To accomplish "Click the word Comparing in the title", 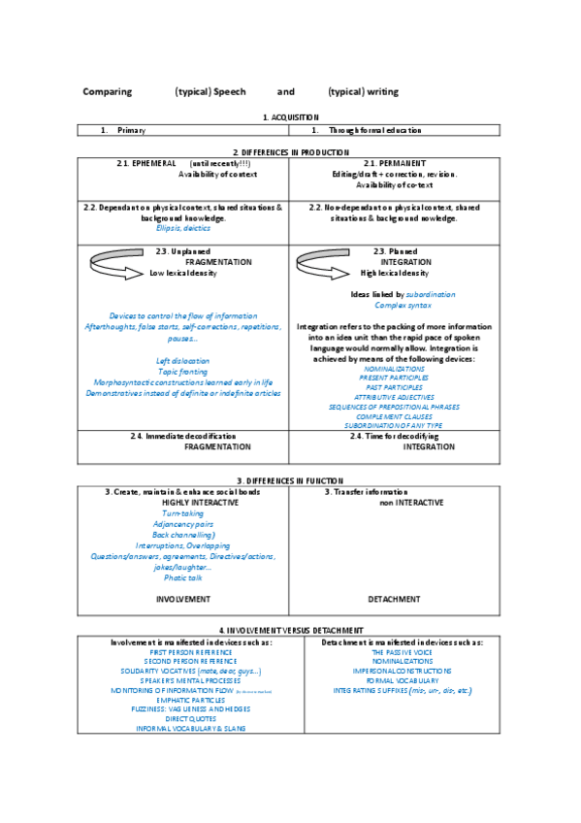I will pos(107,92).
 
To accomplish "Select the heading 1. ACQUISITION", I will pos(290,116).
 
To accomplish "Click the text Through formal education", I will pos(374,130).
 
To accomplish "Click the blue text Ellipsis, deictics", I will pos(182,228).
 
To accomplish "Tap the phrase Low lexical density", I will pos(182,274).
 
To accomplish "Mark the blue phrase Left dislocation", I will pos(182,361).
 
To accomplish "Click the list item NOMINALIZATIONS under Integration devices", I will pos(394,369).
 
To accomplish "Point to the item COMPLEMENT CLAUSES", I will pos(394,415).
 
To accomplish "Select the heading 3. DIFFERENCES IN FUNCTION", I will pos(290,481).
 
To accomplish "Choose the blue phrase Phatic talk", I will pos(182,577).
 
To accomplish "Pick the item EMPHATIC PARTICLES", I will pos(184,700).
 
